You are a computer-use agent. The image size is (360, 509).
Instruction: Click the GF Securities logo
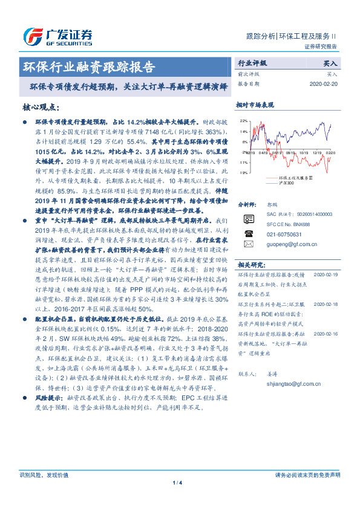(57, 35)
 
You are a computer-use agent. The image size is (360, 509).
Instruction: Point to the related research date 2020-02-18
(327, 306)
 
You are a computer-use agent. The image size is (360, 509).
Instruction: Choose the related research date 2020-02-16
(327, 332)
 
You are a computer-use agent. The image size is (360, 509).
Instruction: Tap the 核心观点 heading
(41, 107)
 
